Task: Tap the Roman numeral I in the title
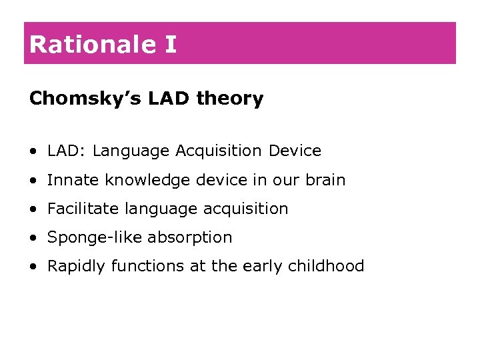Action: point(171,45)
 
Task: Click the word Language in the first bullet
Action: point(131,151)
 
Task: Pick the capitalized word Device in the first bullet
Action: point(295,151)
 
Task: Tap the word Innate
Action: point(69,180)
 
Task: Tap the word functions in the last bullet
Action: point(141,266)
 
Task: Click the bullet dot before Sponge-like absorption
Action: point(33,238)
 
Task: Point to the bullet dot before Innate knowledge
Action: point(33,181)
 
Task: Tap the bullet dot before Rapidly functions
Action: point(33,267)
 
